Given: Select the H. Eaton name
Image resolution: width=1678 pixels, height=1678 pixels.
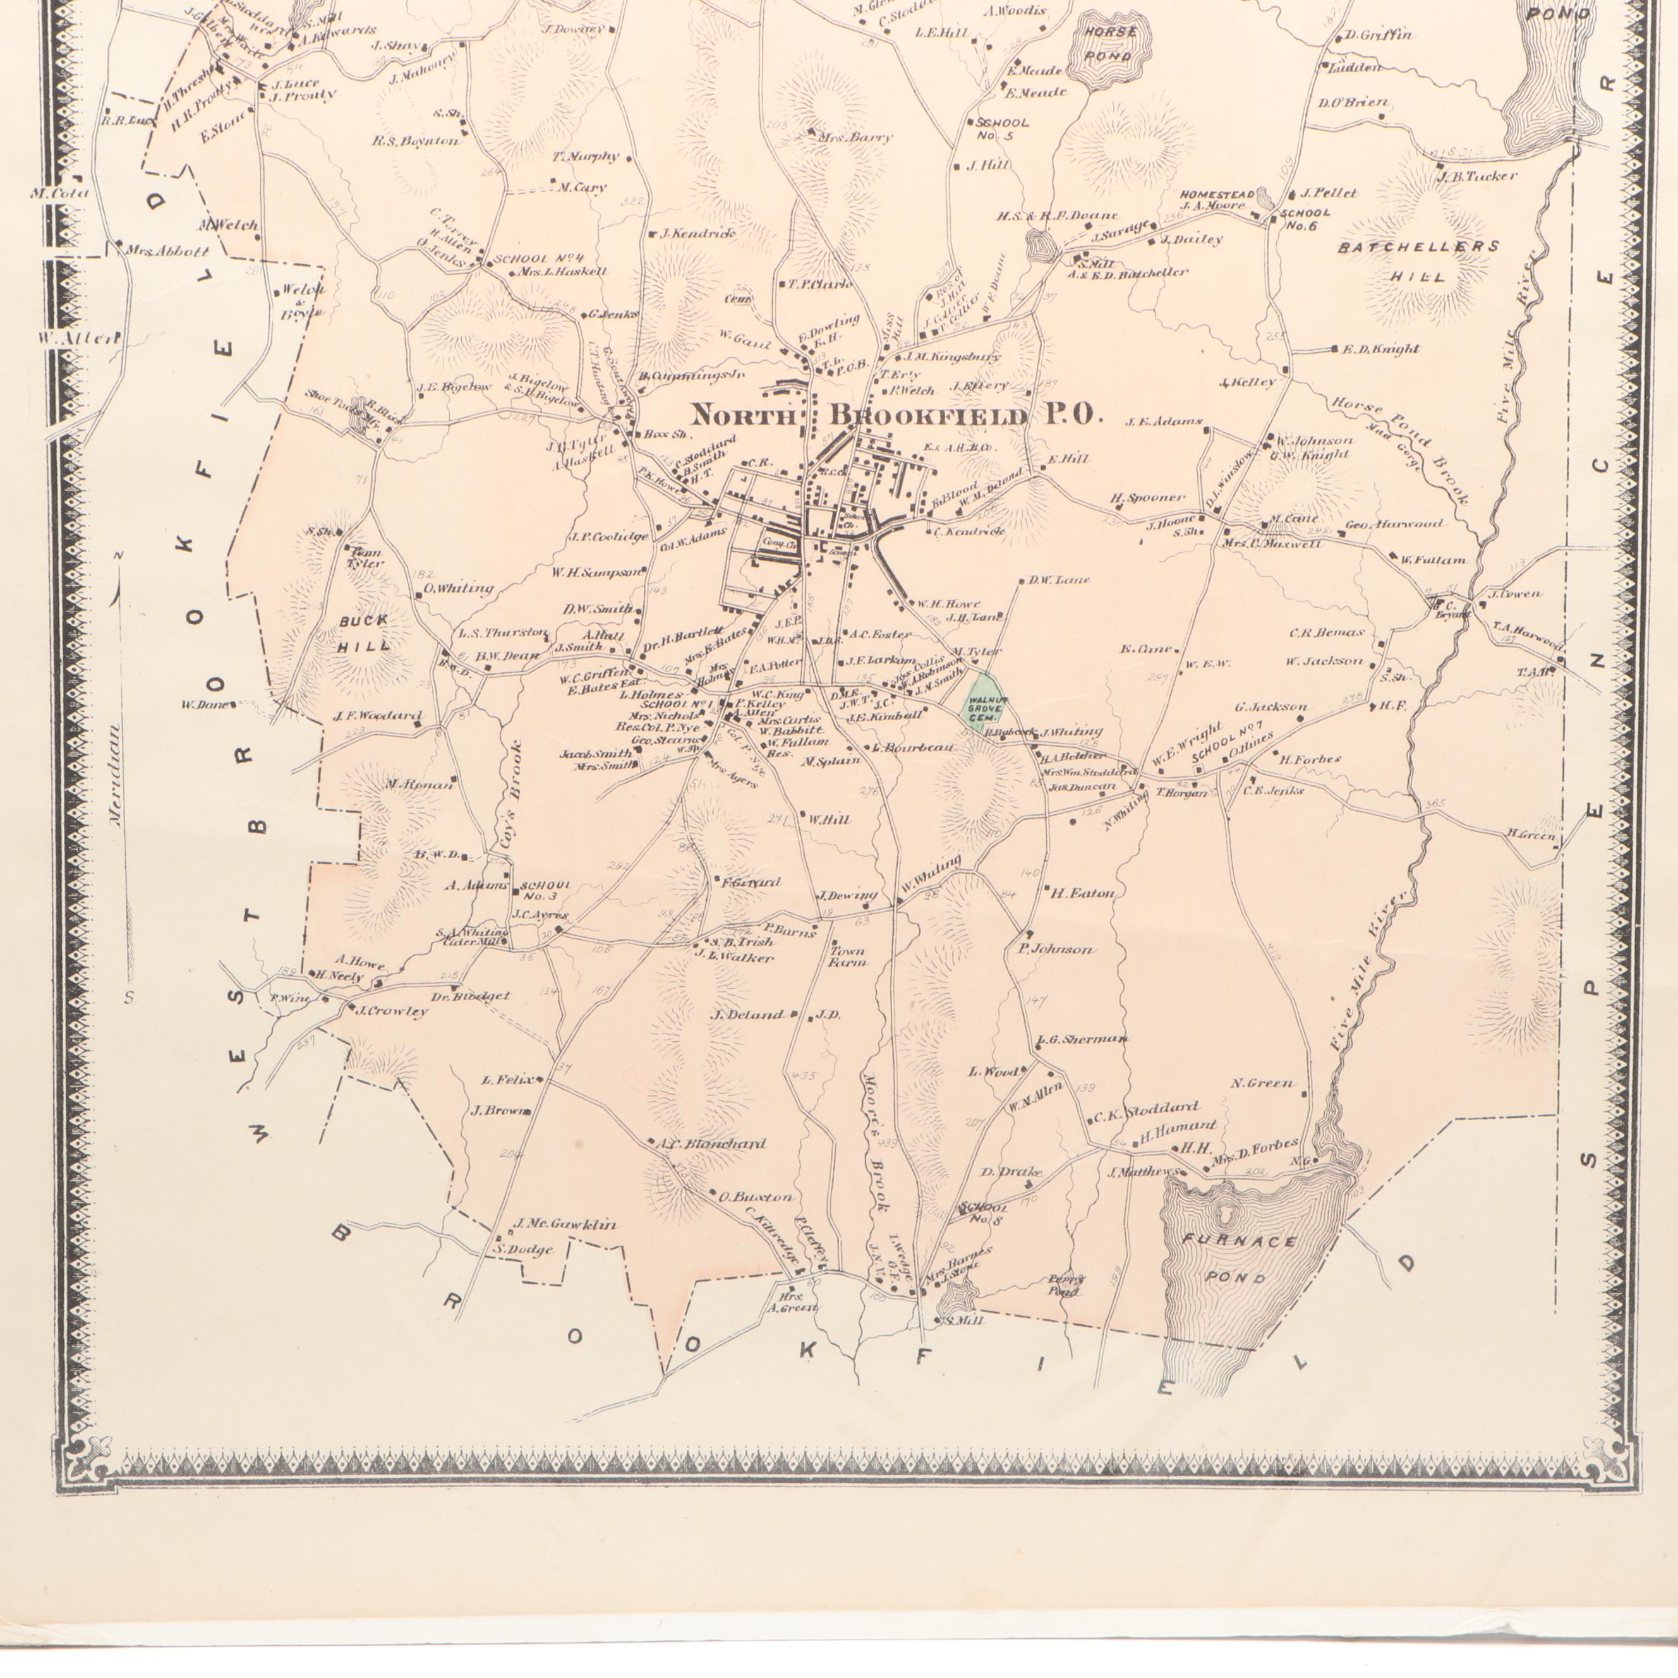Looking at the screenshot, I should click(1082, 892).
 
